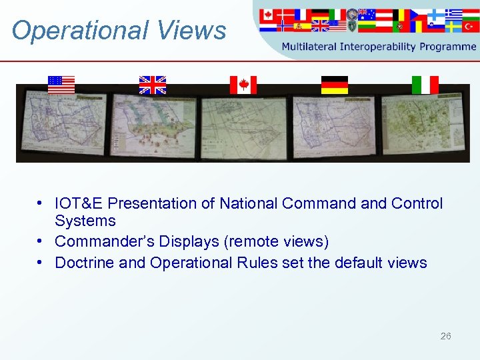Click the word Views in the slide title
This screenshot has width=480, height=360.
pyautogui.click(x=199, y=31)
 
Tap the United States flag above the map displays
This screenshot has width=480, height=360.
pyautogui.click(x=61, y=85)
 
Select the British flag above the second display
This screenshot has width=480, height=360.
pyautogui.click(x=152, y=85)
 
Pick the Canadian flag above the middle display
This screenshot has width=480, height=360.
pyautogui.click(x=243, y=85)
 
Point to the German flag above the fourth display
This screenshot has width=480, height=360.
pyautogui.click(x=334, y=85)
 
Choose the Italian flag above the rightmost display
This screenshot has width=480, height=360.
pyautogui.click(x=425, y=85)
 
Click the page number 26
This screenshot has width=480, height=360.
pyautogui.click(x=445, y=336)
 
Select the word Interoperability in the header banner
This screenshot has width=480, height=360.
pyautogui.click(x=379, y=47)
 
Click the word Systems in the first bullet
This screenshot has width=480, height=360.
pyautogui.click(x=85, y=221)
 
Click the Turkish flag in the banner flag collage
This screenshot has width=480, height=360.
pyautogui.click(x=472, y=27)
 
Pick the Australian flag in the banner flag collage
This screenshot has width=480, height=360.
pyautogui.click(x=366, y=14)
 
